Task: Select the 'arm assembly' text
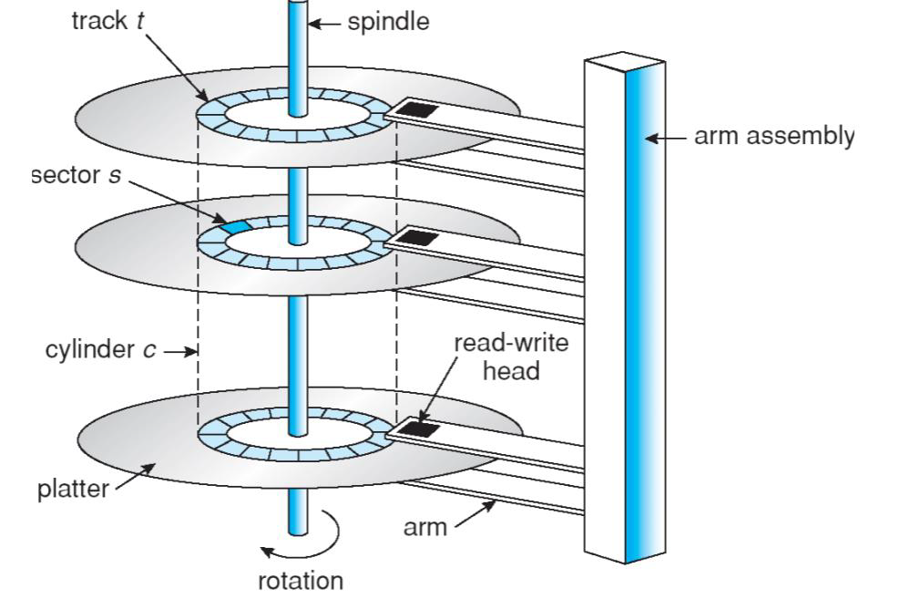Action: pyautogui.click(x=774, y=138)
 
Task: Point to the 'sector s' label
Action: pyautogui.click(x=77, y=175)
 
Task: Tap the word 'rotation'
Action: pyautogui.click(x=302, y=580)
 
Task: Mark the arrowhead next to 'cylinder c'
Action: pyautogui.click(x=192, y=350)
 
